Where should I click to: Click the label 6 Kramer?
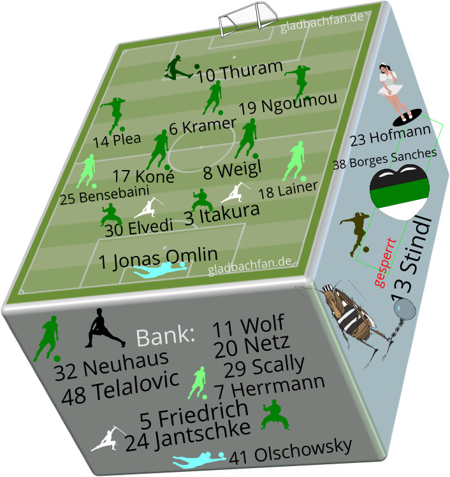pos(202,125)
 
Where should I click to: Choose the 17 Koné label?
pos(143,176)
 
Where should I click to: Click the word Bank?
pos(165,336)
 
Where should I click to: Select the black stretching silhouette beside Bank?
pos(102,329)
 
